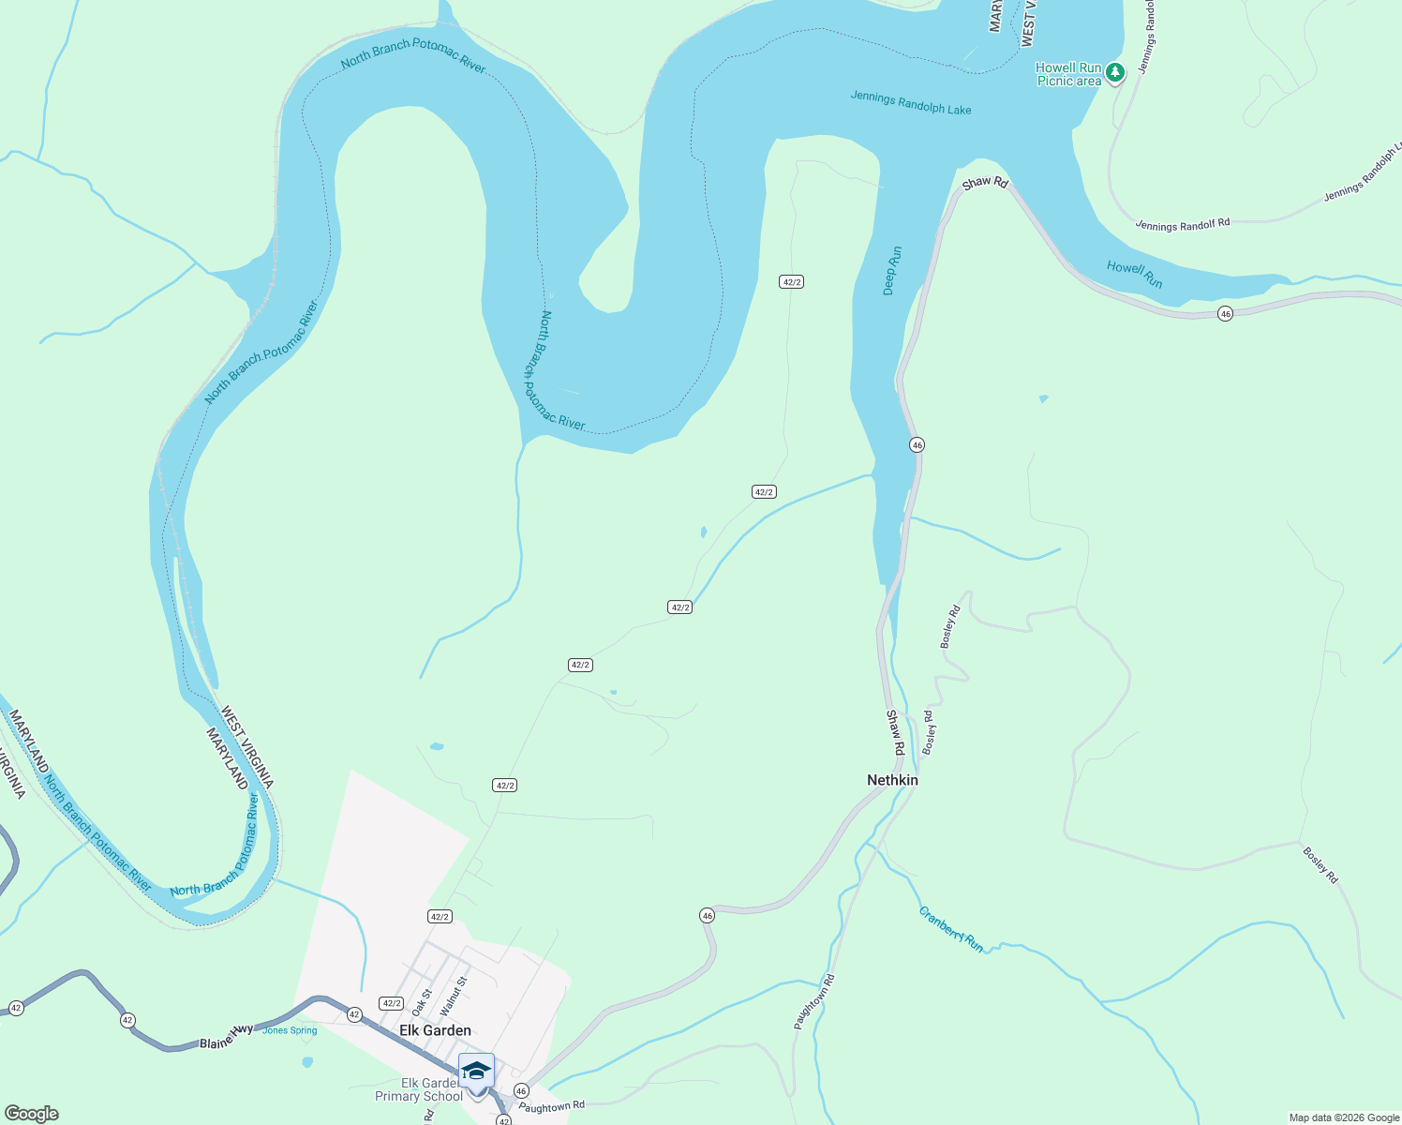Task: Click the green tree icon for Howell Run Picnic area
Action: coord(1114,71)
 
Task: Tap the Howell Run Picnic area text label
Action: coord(1068,75)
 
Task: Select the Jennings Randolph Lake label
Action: coord(910,103)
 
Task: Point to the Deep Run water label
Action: coord(893,271)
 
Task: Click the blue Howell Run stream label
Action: coord(1134,275)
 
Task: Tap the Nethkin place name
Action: coord(892,780)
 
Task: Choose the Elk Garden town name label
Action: coord(435,1030)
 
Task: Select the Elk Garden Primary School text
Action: coord(419,1090)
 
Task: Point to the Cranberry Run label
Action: coord(950,930)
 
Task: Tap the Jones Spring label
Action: coord(290,1030)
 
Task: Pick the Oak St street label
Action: coord(422,1001)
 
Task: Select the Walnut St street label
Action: coord(453,995)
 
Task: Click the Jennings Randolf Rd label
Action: coord(1182,225)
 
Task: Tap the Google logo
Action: coord(31,1114)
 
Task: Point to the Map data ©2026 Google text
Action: coord(1344,1117)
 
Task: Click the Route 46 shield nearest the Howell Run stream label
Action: coord(1225,314)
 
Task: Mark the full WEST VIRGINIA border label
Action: coord(247,747)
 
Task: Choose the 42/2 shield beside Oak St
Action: coord(391,1003)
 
